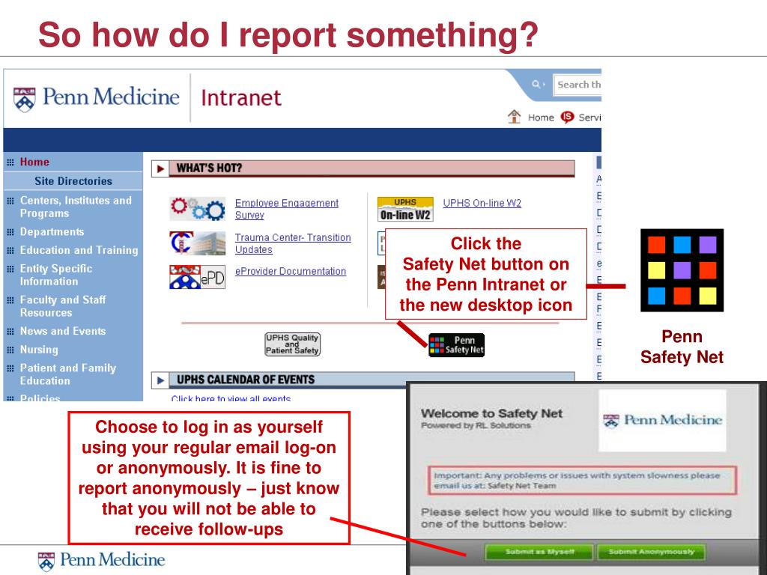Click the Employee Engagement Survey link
point(286,209)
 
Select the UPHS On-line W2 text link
point(482,203)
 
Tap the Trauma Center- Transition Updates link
point(292,243)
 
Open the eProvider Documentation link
point(290,271)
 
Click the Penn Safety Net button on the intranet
point(456,345)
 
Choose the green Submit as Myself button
point(539,553)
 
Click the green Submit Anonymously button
point(651,553)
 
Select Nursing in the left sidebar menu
point(39,350)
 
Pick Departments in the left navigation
point(52,232)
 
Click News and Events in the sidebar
point(63,331)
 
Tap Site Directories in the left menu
point(73,181)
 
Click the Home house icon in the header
point(515,117)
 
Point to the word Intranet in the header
point(241,97)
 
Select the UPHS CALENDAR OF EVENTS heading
point(245,380)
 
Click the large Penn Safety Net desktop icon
point(682,270)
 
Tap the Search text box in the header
point(578,85)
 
